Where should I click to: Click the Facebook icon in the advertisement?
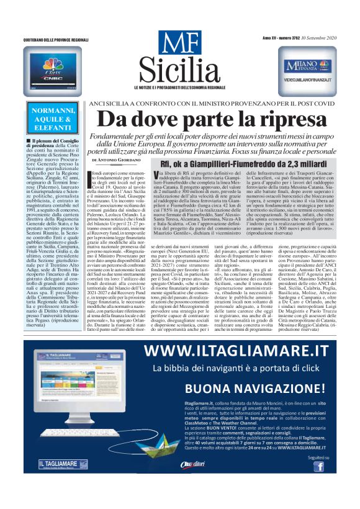click(318, 466)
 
